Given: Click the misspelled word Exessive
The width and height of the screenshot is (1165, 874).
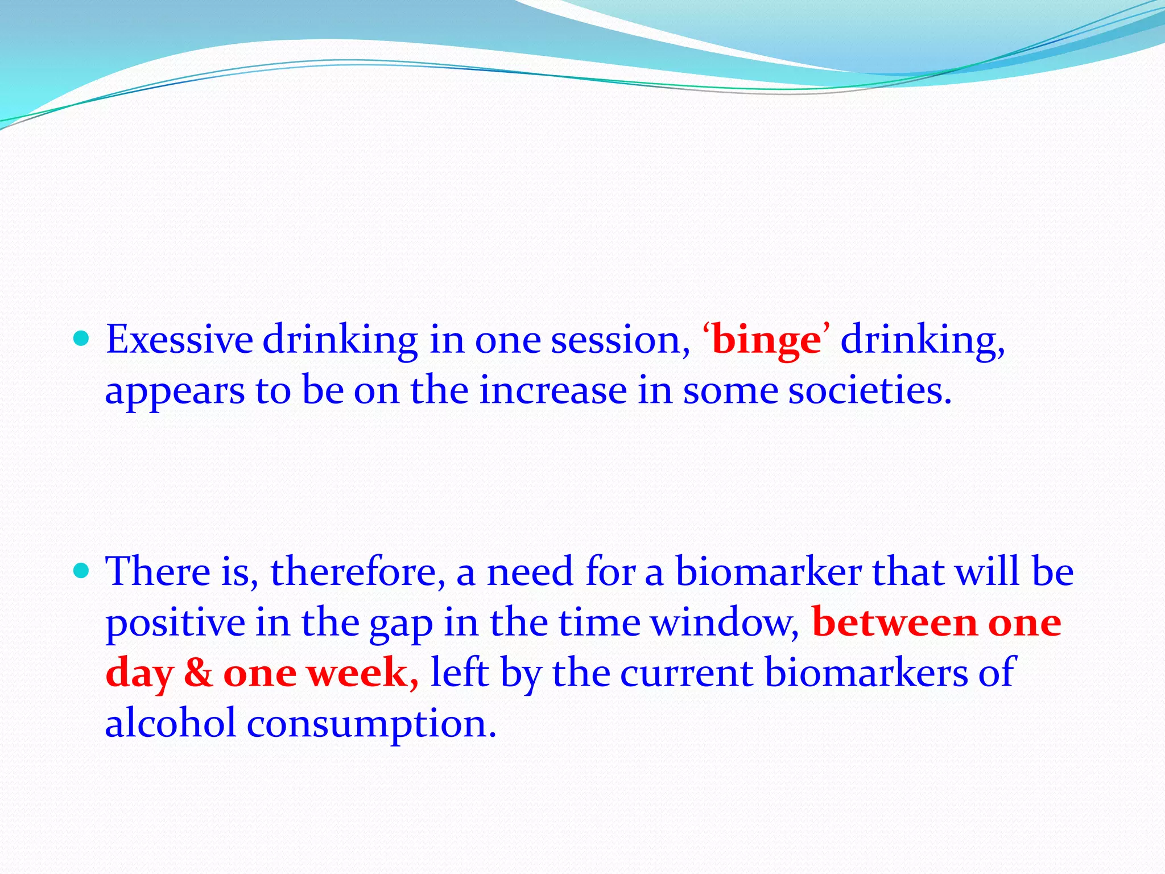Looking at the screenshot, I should (179, 340).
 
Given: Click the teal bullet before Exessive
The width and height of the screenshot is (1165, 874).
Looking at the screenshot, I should (82, 339).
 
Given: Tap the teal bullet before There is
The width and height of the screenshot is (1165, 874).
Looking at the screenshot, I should (82, 570).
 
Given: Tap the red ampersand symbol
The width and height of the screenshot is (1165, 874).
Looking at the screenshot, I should (199, 673).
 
